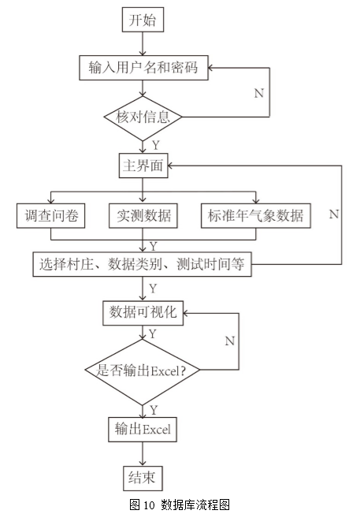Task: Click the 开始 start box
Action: (x=143, y=20)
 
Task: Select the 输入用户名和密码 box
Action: (x=143, y=68)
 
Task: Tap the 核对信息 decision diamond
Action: (x=143, y=117)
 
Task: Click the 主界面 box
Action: (x=143, y=166)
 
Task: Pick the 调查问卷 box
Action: (x=50, y=216)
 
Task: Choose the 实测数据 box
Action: (x=143, y=216)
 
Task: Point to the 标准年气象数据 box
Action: (x=256, y=216)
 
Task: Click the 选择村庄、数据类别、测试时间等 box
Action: (x=142, y=264)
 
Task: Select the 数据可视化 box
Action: (x=143, y=313)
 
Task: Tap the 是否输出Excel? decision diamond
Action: (x=143, y=371)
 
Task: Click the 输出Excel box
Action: (x=143, y=430)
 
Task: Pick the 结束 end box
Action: (x=143, y=479)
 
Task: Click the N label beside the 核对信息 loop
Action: (x=259, y=94)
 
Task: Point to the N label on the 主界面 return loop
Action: (x=334, y=214)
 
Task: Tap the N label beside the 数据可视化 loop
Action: (x=229, y=341)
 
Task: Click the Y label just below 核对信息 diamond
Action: (x=156, y=145)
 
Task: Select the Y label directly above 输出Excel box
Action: (x=154, y=410)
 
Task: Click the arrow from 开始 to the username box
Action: (x=143, y=44)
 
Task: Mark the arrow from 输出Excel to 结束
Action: (x=143, y=454)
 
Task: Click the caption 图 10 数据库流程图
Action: (x=180, y=505)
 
